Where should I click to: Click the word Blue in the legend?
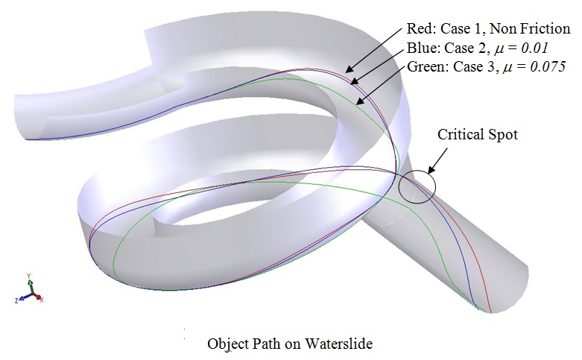click(x=421, y=48)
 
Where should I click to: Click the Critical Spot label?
click(x=477, y=135)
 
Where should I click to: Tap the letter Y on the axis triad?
click(x=28, y=276)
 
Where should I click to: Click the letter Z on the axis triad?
click(x=16, y=300)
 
